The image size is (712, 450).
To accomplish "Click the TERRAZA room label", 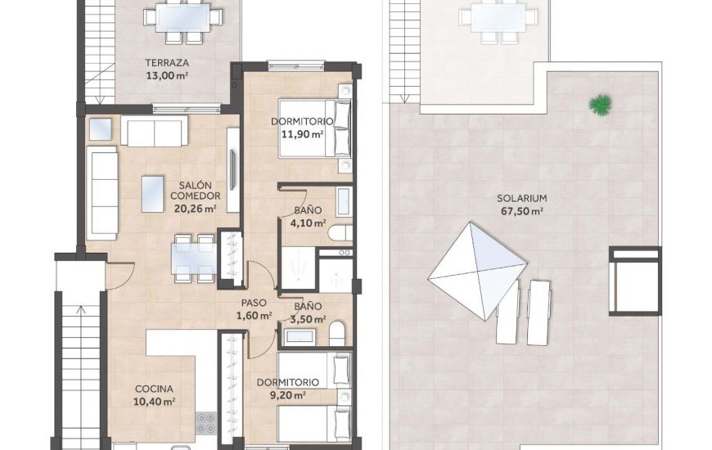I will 167,63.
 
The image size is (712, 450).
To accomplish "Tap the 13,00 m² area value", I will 167,75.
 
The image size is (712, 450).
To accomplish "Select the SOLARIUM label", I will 521,198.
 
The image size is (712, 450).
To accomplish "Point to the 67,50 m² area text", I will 521,211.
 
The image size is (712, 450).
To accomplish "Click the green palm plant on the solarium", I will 601,104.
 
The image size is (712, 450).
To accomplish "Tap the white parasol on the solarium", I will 477,269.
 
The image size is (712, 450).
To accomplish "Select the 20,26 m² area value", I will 195,208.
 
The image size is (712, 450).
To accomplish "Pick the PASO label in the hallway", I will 253,303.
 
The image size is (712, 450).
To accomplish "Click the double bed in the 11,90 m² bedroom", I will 315,128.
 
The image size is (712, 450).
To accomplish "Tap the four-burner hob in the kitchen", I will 205,423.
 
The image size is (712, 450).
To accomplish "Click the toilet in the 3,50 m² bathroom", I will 337,334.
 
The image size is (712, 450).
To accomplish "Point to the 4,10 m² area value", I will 310,223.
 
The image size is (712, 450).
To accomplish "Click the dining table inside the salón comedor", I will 194,256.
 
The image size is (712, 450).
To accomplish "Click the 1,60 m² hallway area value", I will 254,316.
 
